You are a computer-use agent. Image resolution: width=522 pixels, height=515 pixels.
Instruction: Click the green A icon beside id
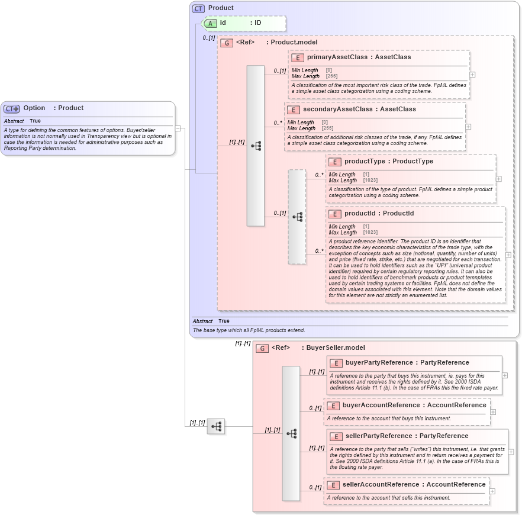pyautogui.click(x=211, y=23)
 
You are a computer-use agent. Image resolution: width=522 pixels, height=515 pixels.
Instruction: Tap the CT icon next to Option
pyautogui.click(x=11, y=109)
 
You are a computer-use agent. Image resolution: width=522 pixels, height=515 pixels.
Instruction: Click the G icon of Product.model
pyautogui.click(x=226, y=43)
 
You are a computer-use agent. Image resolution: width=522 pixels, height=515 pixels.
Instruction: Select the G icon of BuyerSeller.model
pyautogui.click(x=262, y=348)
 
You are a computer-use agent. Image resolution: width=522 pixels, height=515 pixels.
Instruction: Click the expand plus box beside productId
pyautogui.click(x=508, y=255)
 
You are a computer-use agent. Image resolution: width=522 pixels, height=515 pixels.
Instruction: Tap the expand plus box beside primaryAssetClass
pyautogui.click(x=472, y=75)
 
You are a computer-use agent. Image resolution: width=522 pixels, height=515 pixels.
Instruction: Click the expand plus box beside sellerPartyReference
pyautogui.click(x=511, y=452)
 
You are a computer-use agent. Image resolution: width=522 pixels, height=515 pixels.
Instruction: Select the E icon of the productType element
pyautogui.click(x=334, y=162)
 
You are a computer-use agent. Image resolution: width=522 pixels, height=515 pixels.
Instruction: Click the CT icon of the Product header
pyautogui.click(x=198, y=8)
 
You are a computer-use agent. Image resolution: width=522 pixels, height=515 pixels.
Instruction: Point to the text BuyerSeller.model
pyautogui.click(x=336, y=348)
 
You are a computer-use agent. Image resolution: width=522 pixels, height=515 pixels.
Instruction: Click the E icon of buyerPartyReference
pyautogui.click(x=336, y=363)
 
